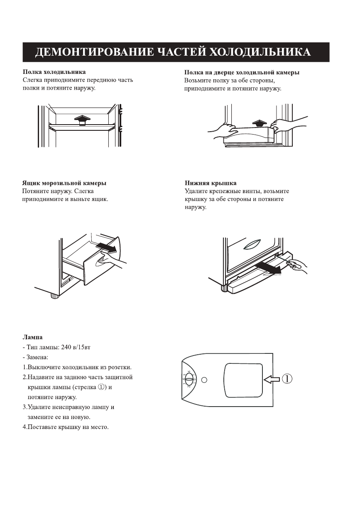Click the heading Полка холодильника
(x=54, y=72)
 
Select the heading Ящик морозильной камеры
(x=64, y=183)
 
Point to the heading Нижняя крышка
(x=211, y=183)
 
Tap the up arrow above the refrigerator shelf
(x=83, y=120)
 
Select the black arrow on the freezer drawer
(x=106, y=248)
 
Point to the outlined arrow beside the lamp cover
(x=272, y=379)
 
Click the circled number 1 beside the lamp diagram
(x=288, y=379)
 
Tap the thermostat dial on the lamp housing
(x=189, y=379)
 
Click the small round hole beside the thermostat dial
(x=204, y=379)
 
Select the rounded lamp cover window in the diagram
(x=243, y=380)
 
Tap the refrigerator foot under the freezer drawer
(x=54, y=296)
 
